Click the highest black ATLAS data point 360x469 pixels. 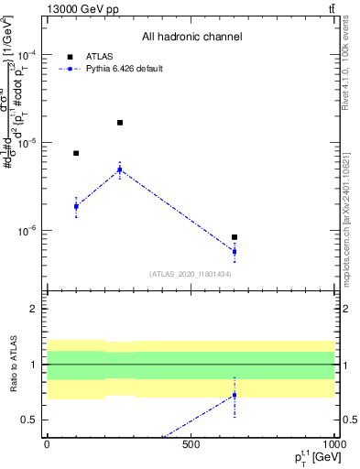pos(120,122)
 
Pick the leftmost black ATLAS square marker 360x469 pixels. pos(76,153)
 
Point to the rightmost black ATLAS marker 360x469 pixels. pos(235,237)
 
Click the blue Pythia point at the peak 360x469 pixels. pos(120,169)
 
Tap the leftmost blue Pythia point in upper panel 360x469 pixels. pos(76,206)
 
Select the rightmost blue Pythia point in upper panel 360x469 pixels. pos(235,251)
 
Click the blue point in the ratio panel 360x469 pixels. pos(235,395)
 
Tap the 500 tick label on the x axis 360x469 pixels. pos(191,444)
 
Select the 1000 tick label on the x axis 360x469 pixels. pos(332,444)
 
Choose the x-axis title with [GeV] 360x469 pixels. pos(308,459)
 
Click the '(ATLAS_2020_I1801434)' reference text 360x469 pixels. pos(191,274)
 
